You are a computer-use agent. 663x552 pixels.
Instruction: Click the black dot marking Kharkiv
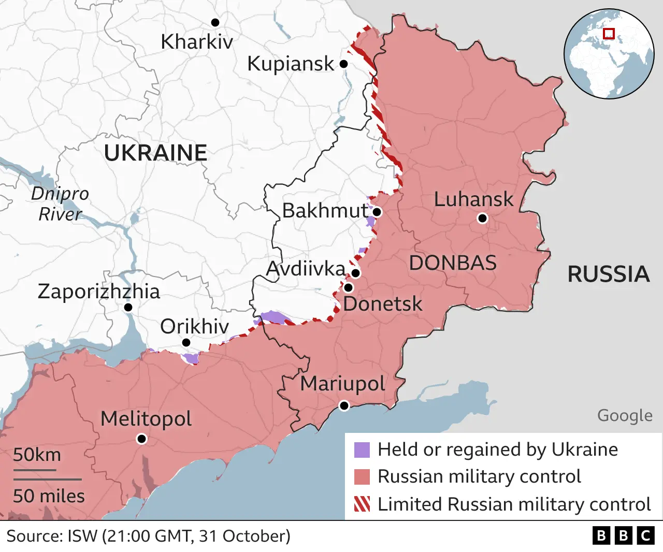coord(215,22)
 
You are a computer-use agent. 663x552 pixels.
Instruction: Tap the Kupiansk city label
coord(291,64)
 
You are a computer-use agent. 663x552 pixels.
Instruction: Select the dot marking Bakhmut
coord(377,212)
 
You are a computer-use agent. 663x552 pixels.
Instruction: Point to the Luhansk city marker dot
coord(482,219)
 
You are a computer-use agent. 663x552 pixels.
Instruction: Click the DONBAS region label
coord(453,263)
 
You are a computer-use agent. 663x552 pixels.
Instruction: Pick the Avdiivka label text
coord(305,269)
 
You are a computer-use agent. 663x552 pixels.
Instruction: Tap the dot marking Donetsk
coord(348,287)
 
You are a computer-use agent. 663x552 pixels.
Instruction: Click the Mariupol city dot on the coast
coord(344,405)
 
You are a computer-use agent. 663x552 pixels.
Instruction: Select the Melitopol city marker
coord(141,439)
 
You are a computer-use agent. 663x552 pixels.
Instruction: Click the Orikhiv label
coord(194,327)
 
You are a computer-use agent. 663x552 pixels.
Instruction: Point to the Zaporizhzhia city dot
coord(128,308)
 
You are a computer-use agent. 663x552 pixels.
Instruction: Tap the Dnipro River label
coord(60,204)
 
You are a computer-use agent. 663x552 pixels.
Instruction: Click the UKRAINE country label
coord(155,153)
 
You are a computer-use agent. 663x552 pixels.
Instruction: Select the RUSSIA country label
coord(609,274)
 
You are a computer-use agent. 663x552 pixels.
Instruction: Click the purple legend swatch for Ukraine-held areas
coord(362,450)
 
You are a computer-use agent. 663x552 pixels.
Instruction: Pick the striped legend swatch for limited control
coord(362,504)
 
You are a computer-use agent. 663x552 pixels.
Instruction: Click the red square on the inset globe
coord(609,34)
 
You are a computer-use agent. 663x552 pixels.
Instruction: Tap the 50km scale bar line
coord(35,470)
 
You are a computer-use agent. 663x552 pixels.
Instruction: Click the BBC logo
coord(623,535)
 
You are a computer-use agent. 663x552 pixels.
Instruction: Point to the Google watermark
coord(625,415)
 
